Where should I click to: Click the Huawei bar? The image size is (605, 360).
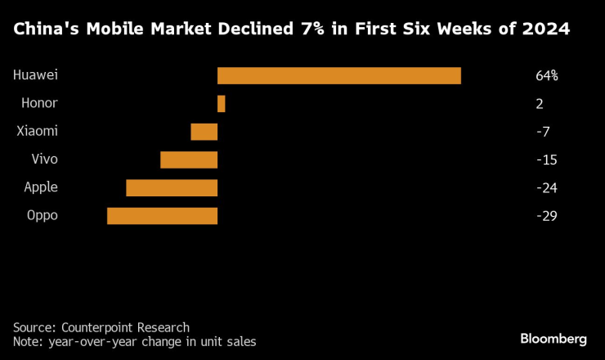click(x=339, y=75)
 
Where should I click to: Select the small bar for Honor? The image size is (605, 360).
click(x=221, y=104)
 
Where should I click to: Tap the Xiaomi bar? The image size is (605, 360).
click(x=204, y=132)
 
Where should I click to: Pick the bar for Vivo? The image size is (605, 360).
click(x=189, y=160)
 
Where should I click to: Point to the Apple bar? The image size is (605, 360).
click(x=172, y=187)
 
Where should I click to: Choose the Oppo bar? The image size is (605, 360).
click(x=162, y=216)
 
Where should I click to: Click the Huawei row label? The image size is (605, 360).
click(x=35, y=75)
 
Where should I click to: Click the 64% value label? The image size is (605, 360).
click(x=546, y=76)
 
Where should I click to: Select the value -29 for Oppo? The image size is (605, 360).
click(x=546, y=216)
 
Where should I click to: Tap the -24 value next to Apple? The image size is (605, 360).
click(x=546, y=188)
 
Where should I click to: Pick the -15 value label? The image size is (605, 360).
click(x=546, y=160)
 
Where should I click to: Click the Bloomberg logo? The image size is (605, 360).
click(x=553, y=338)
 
